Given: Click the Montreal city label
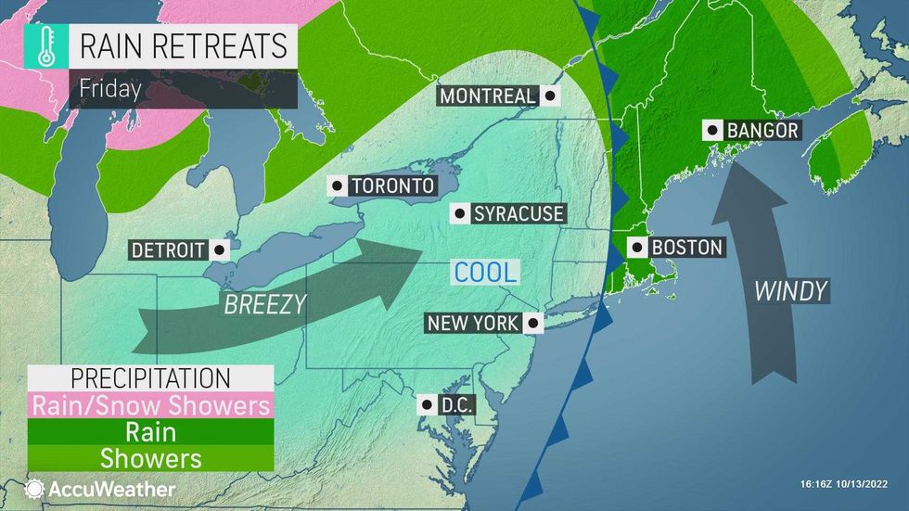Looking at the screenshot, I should click(487, 96).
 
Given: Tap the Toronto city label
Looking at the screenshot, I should click(391, 185).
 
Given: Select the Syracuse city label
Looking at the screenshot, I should click(518, 214).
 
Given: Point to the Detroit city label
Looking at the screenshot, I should click(170, 249).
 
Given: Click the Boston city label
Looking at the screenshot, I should click(686, 248).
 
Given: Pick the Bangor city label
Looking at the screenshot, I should click(762, 131).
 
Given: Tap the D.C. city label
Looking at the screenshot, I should click(454, 404).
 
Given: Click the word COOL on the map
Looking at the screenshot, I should click(484, 272).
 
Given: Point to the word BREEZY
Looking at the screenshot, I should click(264, 304).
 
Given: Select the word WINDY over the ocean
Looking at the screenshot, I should click(790, 291).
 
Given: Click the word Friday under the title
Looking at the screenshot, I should click(110, 90).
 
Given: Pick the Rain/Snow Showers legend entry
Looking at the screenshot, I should click(150, 405).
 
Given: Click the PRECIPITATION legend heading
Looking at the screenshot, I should click(150, 378).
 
